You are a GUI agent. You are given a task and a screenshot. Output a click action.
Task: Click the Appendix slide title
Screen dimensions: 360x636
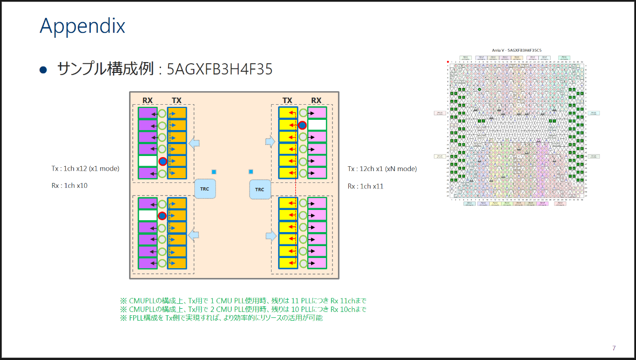[82, 25]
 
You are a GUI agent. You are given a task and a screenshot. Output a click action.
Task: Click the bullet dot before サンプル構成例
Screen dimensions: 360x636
[44, 69]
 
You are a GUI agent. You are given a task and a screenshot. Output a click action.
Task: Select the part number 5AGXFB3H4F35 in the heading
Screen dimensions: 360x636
[219, 69]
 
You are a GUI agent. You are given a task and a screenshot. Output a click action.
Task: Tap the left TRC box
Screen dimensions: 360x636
[205, 189]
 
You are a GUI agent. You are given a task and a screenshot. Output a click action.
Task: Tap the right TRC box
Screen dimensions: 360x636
[259, 189]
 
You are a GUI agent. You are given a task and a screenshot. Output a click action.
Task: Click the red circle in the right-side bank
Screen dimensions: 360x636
[302, 125]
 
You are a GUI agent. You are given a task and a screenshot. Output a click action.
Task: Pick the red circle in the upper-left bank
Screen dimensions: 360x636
[162, 161]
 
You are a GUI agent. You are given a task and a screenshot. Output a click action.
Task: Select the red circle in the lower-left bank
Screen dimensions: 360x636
[162, 216]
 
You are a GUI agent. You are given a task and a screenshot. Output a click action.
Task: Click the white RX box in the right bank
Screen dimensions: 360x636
[317, 125]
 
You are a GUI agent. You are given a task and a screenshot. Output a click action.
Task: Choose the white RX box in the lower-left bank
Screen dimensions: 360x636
[147, 215]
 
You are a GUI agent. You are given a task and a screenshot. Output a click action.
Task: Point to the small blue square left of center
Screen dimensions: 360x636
[214, 172]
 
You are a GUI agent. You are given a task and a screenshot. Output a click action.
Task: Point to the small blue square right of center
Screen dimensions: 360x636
[251, 172]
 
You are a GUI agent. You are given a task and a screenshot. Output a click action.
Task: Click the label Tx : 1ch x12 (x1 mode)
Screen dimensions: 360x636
[85, 168]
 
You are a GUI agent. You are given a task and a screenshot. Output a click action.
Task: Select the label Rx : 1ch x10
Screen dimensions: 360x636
[70, 186]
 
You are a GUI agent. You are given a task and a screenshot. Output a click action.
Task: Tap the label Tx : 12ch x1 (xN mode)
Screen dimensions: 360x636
[382, 168]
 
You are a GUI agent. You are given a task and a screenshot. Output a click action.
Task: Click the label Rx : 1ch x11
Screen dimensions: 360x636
[366, 186]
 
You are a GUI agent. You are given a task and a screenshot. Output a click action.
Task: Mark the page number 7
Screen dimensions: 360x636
[614, 348]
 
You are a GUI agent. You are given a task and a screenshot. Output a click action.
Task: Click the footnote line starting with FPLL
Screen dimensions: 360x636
[221, 318]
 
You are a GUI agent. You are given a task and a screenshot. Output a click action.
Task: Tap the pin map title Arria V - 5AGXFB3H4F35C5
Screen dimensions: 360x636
[517, 50]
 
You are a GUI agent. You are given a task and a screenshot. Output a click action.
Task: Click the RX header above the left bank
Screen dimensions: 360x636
[147, 100]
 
